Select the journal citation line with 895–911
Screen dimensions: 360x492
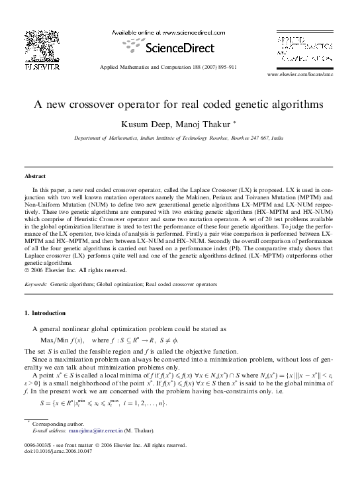click(178, 68)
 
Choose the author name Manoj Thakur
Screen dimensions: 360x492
click(203, 124)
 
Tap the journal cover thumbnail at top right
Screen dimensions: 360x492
click(306, 48)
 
